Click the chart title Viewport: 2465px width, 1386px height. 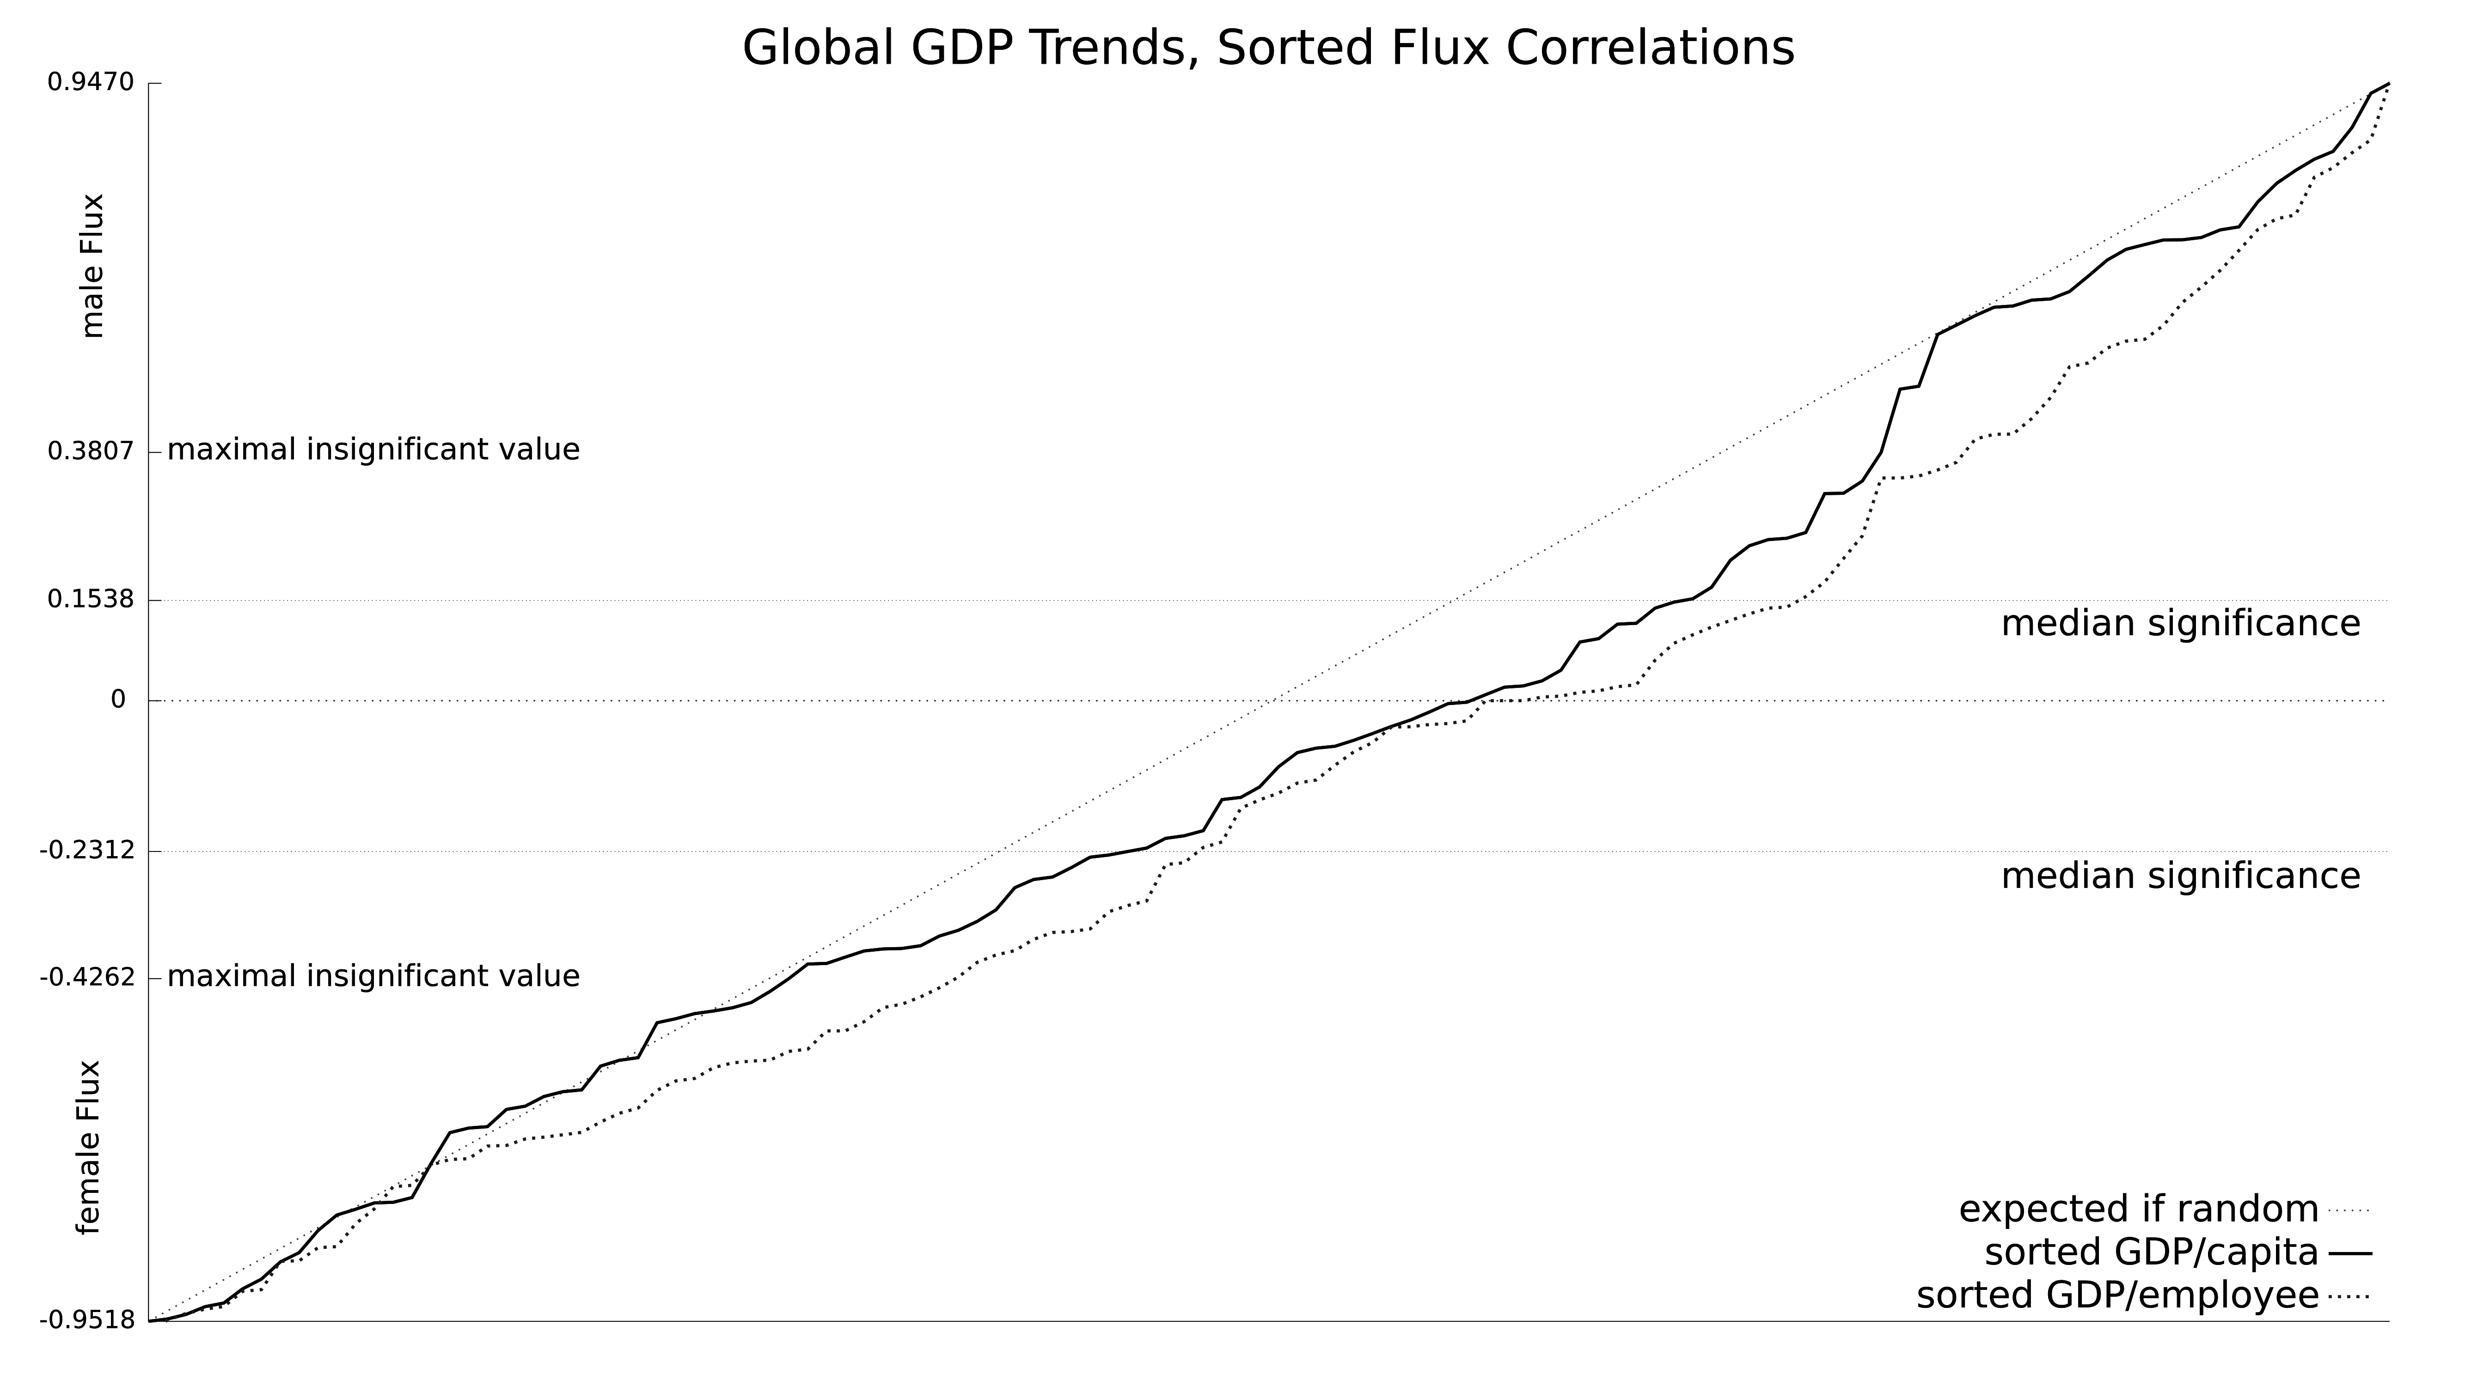coord(1268,48)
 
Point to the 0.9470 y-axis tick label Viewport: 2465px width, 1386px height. coord(91,83)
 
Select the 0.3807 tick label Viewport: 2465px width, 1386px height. coord(91,450)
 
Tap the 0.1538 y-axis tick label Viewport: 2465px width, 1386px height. coord(91,600)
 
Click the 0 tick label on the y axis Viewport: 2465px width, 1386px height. coord(119,700)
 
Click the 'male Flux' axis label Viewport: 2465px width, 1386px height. coord(93,266)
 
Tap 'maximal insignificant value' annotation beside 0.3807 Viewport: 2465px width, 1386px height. coord(373,450)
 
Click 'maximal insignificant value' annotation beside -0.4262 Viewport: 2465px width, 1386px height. coord(373,977)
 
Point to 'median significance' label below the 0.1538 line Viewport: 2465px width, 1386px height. coord(2181,624)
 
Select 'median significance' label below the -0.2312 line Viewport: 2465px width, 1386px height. coord(2181,876)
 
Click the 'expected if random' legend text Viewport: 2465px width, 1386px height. coord(2139,1209)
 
